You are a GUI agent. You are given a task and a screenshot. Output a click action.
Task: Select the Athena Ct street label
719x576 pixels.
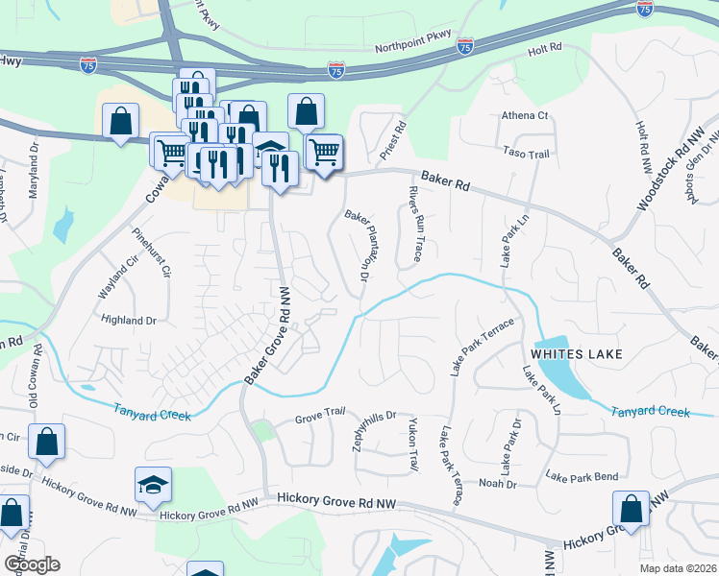(524, 116)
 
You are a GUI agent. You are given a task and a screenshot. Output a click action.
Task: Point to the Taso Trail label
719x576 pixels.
(526, 153)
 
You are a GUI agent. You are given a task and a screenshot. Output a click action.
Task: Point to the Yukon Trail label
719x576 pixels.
(412, 446)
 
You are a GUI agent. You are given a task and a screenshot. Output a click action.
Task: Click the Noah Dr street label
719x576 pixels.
(497, 484)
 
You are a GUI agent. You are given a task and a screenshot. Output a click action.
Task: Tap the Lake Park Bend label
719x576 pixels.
(582, 476)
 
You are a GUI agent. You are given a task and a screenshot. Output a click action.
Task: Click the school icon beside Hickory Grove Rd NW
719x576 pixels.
(152, 485)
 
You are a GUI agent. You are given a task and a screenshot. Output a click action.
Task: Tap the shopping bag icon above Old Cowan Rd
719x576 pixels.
(46, 442)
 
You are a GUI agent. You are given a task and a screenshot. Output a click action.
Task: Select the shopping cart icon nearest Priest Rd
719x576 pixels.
(324, 152)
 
